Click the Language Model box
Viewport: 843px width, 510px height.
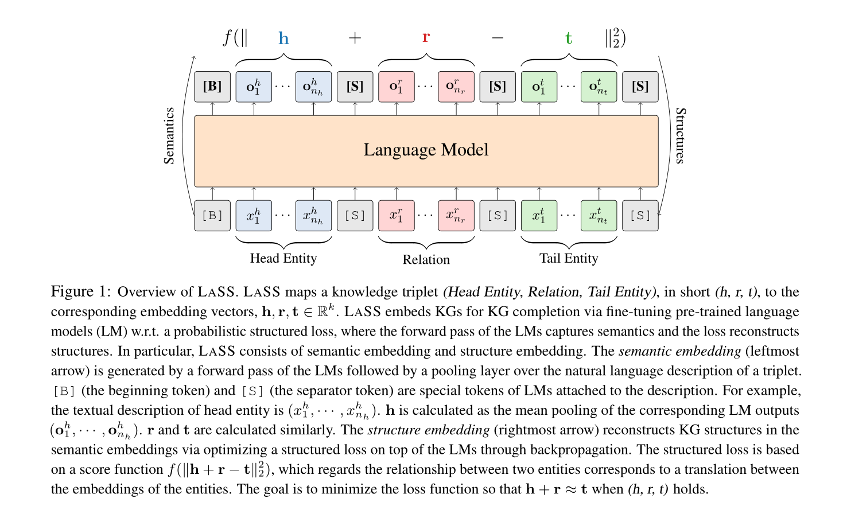(426, 150)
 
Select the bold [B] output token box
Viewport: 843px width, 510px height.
(212, 87)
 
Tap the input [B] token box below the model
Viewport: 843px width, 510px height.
(212, 216)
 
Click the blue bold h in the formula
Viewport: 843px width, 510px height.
(283, 38)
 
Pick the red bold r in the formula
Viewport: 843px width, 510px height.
(426, 37)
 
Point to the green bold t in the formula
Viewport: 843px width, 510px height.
(568, 38)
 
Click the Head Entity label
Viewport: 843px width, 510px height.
(283, 258)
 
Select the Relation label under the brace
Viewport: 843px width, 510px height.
(426, 259)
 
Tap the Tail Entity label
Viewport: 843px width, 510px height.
(568, 258)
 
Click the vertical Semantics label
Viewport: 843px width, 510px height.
(169, 135)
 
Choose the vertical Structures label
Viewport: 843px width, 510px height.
(680, 135)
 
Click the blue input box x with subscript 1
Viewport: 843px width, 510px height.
(254, 216)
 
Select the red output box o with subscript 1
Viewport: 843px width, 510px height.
(396, 87)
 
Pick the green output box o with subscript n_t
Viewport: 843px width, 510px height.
(599, 87)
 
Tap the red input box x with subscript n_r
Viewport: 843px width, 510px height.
(456, 216)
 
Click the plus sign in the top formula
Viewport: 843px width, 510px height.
(355, 38)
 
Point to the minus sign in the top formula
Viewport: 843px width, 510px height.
(498, 38)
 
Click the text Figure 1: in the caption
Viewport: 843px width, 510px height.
(80, 291)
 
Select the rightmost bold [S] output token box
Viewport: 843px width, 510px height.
(640, 87)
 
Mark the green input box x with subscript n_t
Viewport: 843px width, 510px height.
(599, 216)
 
